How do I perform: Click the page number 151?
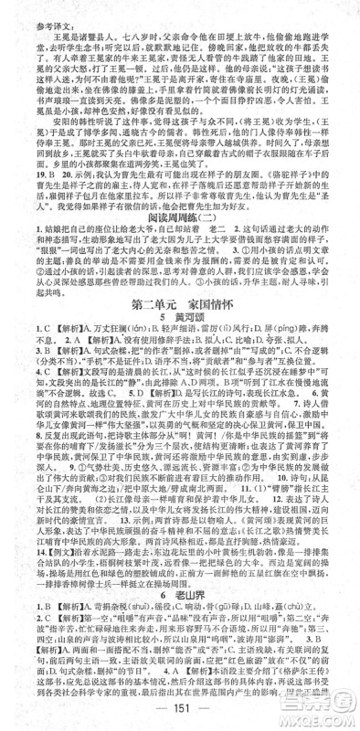[180, 715]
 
